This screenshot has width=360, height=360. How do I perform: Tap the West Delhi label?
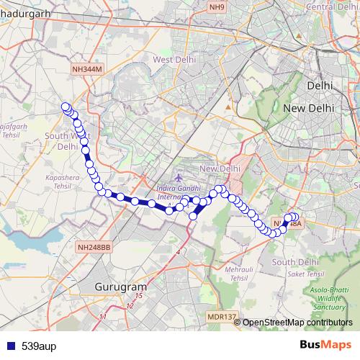pyautogui.click(x=171, y=59)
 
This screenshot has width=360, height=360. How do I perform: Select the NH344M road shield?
pyautogui.click(x=88, y=68)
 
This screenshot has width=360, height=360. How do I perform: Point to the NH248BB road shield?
pyautogui.click(x=94, y=247)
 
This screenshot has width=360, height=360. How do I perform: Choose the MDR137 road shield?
pyautogui.click(x=221, y=317)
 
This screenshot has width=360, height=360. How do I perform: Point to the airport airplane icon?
pyautogui.click(x=179, y=177)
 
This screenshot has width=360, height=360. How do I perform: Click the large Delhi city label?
pyautogui.click(x=320, y=85)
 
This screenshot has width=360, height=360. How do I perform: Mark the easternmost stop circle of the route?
pyautogui.click(x=294, y=217)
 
